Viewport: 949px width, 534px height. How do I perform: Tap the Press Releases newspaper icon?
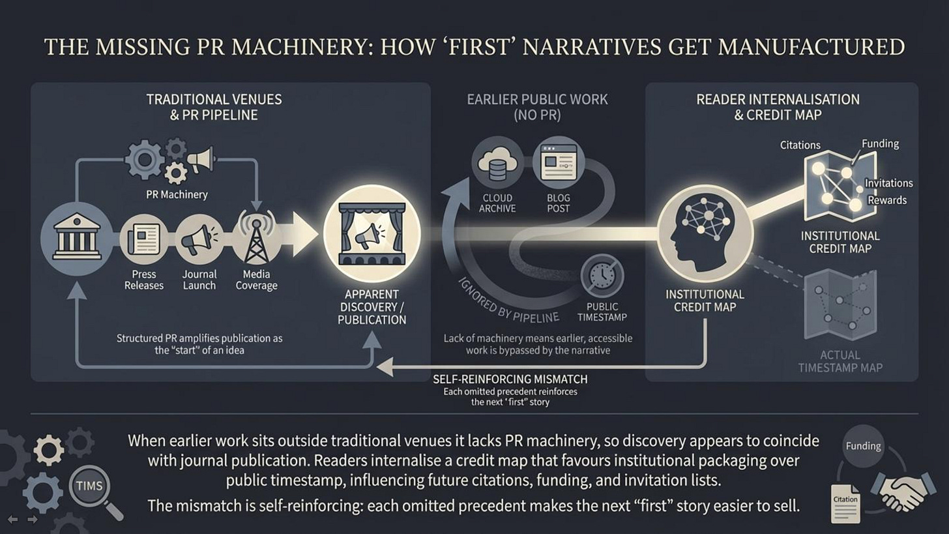144,238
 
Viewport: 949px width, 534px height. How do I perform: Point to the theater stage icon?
372,234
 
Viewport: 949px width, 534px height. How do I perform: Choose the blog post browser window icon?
558,162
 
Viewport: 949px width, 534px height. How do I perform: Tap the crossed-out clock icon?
602,276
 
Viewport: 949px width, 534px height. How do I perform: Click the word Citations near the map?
800,145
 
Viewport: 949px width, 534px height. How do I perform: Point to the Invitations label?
888,183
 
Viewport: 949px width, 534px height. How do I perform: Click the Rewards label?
887,200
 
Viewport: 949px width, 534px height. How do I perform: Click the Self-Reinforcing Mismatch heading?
510,379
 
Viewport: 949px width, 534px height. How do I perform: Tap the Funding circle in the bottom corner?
863,447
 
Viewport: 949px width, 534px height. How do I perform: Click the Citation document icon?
845,503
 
